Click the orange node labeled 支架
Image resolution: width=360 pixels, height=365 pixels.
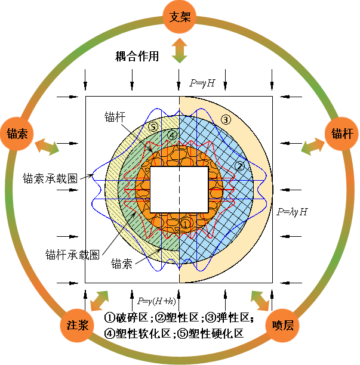click(x=180, y=17)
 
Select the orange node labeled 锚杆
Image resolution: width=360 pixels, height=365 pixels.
click(x=342, y=133)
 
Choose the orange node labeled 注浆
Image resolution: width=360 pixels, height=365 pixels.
click(x=78, y=325)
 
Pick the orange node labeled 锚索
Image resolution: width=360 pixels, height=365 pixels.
click(x=17, y=133)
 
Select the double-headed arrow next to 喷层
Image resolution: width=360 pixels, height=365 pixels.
click(x=260, y=301)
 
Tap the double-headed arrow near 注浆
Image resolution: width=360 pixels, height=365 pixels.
click(x=100, y=300)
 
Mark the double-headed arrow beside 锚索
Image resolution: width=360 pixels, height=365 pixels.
click(x=47, y=146)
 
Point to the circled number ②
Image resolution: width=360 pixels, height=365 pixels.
click(x=239, y=166)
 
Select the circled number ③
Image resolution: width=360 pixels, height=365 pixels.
click(x=226, y=119)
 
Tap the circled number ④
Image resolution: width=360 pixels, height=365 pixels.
click(x=172, y=136)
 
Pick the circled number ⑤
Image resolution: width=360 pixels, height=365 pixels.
click(x=153, y=126)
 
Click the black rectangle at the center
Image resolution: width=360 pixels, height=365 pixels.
click(x=180, y=189)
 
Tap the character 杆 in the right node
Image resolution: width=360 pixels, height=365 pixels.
click(x=349, y=133)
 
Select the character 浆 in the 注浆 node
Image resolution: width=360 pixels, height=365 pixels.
click(x=84, y=325)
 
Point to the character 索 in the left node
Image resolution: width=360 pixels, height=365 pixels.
click(x=24, y=133)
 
